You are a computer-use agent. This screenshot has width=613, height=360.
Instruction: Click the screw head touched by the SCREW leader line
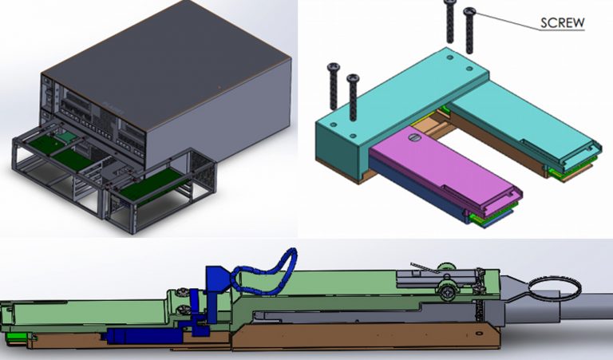(x=469, y=11)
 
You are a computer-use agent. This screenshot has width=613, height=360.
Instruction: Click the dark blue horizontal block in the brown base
(x=144, y=336)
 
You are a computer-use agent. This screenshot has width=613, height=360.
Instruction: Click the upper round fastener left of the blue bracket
(x=184, y=294)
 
